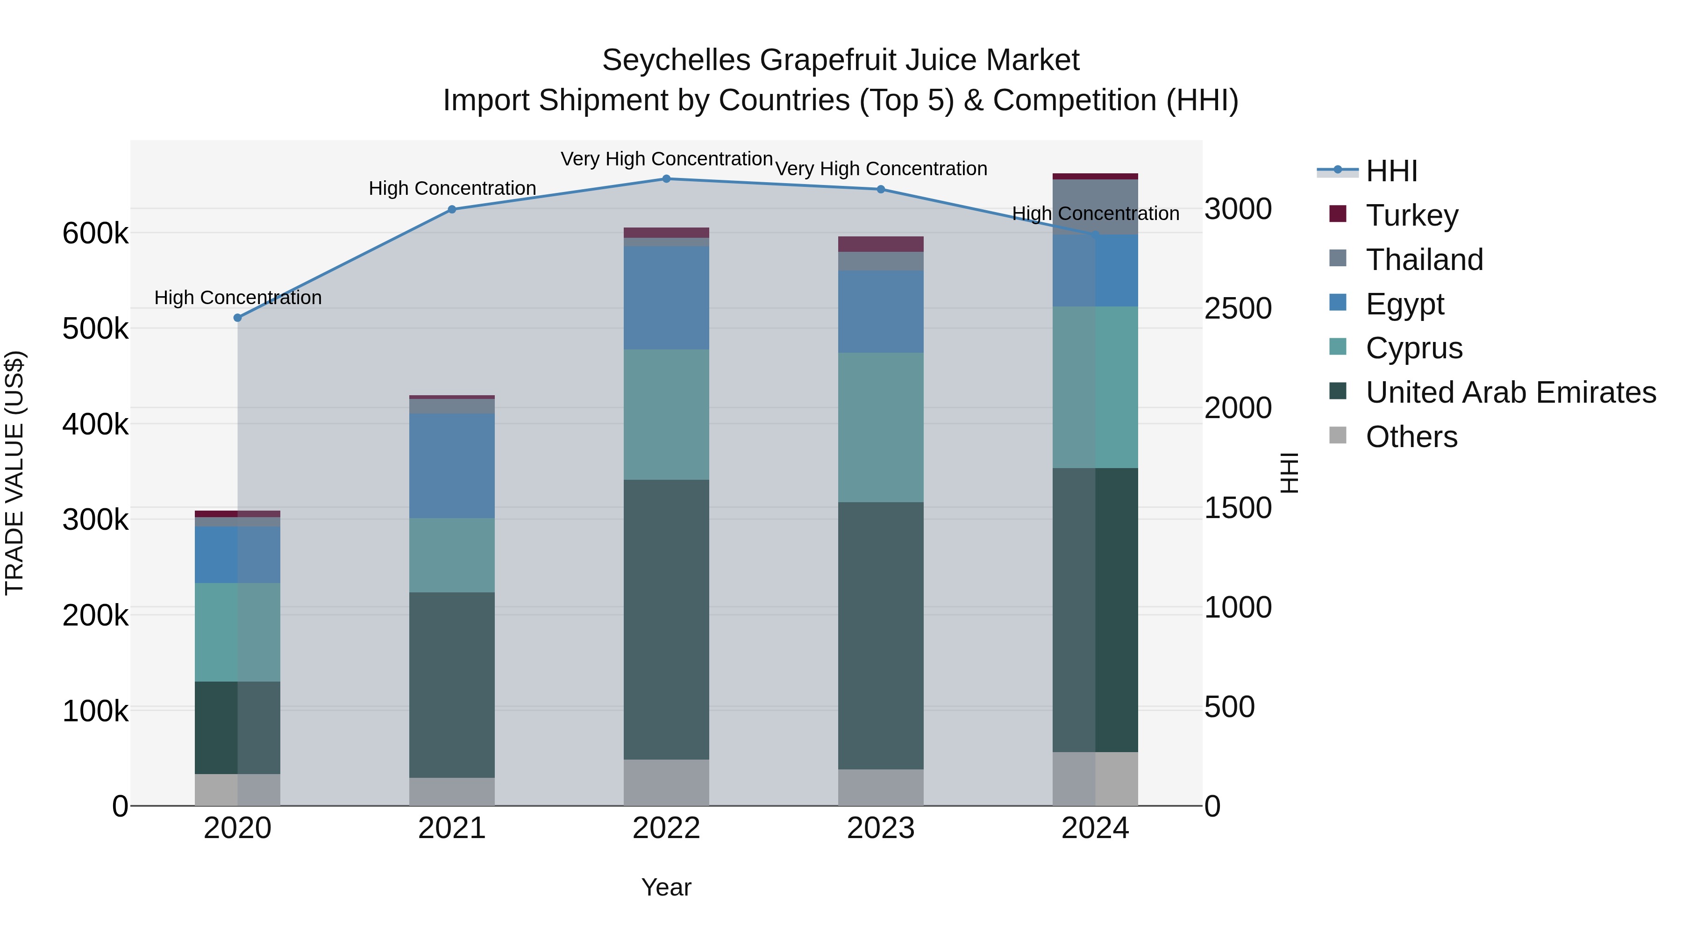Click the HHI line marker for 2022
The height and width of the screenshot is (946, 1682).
coord(666,179)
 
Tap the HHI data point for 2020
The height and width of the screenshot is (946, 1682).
coord(238,318)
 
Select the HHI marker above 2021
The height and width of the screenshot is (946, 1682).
coord(452,210)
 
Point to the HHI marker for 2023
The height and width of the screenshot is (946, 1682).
coord(881,189)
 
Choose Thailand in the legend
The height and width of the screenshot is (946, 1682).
coord(1424,260)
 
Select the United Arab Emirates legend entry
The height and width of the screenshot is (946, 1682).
coord(1510,392)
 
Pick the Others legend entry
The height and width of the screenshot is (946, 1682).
coord(1411,437)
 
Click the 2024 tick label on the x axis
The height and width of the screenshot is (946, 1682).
coord(1095,828)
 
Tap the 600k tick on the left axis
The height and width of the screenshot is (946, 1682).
coord(95,234)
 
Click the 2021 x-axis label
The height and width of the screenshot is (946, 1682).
coord(452,828)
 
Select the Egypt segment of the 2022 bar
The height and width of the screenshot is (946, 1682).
coord(666,298)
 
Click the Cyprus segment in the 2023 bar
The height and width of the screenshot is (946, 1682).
coord(881,427)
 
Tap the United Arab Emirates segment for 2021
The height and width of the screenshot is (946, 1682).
coord(452,685)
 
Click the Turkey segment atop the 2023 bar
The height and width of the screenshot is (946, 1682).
coord(881,244)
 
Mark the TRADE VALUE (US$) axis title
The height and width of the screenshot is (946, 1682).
coord(14,473)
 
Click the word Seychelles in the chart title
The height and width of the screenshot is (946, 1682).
coord(676,61)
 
